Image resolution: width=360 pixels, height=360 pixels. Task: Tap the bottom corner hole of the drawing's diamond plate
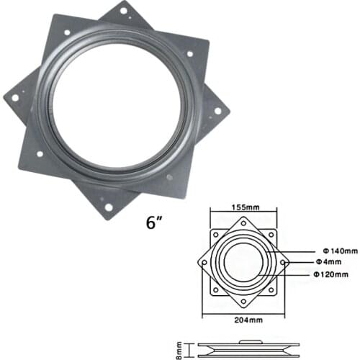246,300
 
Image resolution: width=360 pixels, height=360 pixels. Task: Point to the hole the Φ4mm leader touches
284,263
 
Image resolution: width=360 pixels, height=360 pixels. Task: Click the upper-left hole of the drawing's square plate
215,235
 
